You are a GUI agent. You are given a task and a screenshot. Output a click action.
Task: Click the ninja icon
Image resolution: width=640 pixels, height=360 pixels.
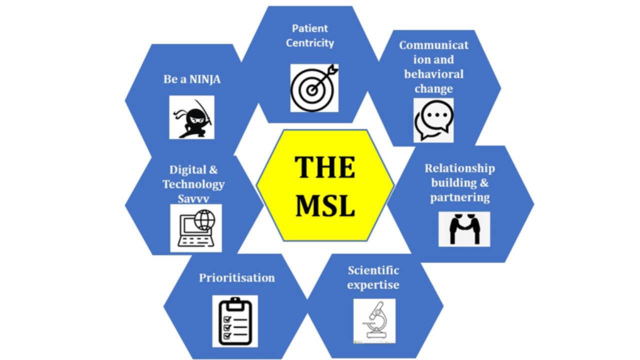coord(192,117)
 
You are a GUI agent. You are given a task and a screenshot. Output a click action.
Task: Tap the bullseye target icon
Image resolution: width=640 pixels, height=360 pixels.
coord(314,88)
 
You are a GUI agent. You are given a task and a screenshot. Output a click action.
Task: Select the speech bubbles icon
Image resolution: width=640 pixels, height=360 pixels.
coord(433,120)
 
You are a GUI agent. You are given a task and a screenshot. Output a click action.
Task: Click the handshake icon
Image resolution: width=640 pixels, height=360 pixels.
coord(464,229)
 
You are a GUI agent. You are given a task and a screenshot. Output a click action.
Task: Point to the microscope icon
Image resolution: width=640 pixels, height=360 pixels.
coord(374,320)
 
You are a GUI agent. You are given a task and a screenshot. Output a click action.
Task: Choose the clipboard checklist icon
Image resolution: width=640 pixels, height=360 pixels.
coord(235,321)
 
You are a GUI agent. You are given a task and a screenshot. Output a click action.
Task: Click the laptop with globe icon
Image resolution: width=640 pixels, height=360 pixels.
coord(196,227)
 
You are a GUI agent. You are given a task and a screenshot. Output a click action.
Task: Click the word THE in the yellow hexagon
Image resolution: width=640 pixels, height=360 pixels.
coord(324,167)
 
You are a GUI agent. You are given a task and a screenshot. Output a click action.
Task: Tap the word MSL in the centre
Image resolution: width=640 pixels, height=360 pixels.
coord(325,205)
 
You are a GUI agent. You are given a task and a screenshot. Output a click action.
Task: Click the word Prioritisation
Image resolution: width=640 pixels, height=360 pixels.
coord(236,277)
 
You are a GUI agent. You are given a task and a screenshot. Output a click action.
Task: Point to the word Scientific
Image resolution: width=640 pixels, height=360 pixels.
coord(373,270)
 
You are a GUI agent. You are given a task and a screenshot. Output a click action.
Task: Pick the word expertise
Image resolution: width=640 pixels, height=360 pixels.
coord(373,285)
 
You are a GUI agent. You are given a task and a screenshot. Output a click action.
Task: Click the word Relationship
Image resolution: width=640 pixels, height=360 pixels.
coord(459,168)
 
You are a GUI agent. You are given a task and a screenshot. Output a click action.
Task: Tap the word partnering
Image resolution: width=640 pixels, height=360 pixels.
coord(459,197)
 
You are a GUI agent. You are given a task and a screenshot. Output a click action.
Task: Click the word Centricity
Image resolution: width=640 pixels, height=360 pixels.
coord(310,43)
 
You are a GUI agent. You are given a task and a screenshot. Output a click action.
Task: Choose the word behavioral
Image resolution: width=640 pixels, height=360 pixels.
coord(433,74)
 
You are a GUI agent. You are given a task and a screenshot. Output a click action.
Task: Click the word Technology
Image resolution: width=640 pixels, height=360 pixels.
coord(193,184)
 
